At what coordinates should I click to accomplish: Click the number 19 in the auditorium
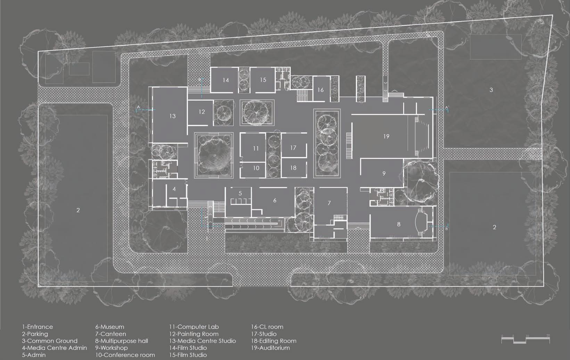pyautogui.click(x=386, y=136)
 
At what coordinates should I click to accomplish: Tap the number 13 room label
pyautogui.click(x=172, y=116)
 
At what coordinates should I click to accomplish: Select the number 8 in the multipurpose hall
pyautogui.click(x=399, y=224)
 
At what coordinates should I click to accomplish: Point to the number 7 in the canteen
pyautogui.click(x=329, y=203)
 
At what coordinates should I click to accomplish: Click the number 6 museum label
pyautogui.click(x=275, y=200)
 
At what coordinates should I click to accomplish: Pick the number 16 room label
pyautogui.click(x=321, y=90)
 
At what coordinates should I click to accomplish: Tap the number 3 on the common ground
pyautogui.click(x=491, y=90)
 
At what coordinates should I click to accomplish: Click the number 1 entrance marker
pyautogui.click(x=207, y=238)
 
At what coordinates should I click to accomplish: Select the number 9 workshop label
pyautogui.click(x=384, y=173)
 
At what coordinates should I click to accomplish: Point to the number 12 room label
pyautogui.click(x=202, y=112)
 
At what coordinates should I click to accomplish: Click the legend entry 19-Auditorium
pyautogui.click(x=270, y=348)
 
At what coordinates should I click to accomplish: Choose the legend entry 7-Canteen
pyautogui.click(x=111, y=334)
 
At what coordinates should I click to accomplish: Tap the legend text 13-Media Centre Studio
pyautogui.click(x=203, y=341)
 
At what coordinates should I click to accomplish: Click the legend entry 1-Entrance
pyautogui.click(x=38, y=327)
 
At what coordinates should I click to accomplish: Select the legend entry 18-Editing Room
pyautogui.click(x=274, y=341)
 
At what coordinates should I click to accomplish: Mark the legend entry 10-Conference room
pyautogui.click(x=125, y=355)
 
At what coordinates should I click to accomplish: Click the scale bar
pyautogui.click(x=526, y=339)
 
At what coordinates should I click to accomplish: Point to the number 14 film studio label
pyautogui.click(x=226, y=80)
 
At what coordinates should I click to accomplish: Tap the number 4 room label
pyautogui.click(x=174, y=189)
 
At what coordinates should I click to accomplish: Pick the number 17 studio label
pyautogui.click(x=293, y=148)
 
